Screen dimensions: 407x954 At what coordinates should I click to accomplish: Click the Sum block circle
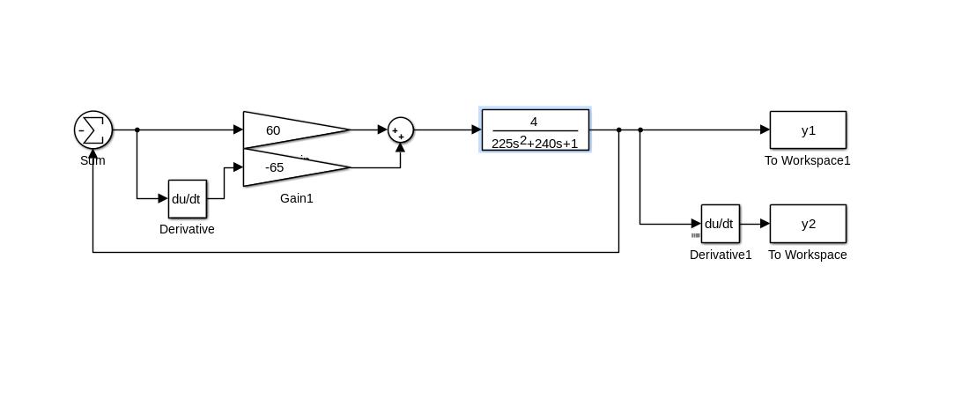coord(93,130)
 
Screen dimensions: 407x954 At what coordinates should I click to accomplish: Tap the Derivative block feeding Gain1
coord(187,199)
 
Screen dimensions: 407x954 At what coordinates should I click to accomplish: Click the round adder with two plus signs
coord(401,130)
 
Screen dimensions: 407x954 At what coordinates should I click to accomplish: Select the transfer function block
coord(535,130)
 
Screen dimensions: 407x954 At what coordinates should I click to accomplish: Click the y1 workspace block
coord(808,130)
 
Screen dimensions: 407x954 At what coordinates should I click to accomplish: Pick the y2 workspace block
coord(808,224)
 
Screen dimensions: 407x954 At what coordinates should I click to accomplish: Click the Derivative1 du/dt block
coord(720,224)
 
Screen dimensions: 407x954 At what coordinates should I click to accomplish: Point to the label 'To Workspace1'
coord(807,161)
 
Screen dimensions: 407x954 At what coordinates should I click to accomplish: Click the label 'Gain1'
coord(297,199)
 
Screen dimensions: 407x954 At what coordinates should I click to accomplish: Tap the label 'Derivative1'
coord(721,255)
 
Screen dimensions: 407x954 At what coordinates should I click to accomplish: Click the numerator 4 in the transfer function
coord(534,122)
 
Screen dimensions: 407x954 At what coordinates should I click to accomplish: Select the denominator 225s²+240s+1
coord(535,143)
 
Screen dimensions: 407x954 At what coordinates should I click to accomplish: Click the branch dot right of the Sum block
coord(137,130)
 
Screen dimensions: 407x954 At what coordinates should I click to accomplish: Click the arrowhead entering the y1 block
coord(765,130)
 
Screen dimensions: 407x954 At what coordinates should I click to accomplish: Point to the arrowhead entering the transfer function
coord(477,130)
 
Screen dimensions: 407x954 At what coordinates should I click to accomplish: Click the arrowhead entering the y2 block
coord(765,224)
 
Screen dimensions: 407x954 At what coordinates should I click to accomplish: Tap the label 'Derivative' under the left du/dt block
coord(187,230)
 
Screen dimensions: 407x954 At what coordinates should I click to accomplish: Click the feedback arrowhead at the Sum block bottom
coord(93,155)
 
